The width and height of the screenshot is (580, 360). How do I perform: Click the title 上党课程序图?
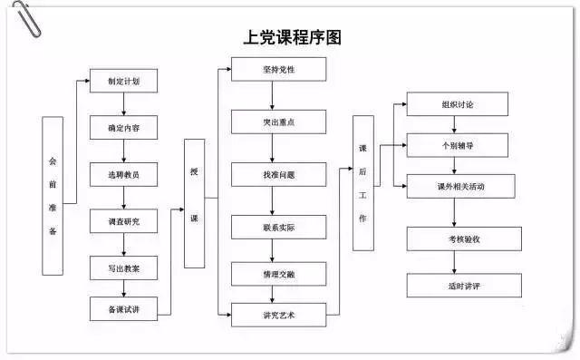click(x=292, y=38)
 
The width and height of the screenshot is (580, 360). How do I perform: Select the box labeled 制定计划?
click(x=123, y=81)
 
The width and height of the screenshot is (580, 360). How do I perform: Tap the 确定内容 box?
click(x=123, y=128)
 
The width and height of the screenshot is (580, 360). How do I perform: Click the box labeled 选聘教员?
click(x=123, y=174)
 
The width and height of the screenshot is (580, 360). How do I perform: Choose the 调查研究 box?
click(x=123, y=221)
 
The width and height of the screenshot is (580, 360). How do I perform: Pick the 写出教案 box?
click(x=123, y=268)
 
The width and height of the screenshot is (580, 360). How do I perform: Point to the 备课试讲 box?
click(x=123, y=309)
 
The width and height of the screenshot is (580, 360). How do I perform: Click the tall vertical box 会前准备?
click(x=53, y=196)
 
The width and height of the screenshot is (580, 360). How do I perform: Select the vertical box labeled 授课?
click(x=195, y=203)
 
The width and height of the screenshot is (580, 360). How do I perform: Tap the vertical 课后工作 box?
click(x=363, y=183)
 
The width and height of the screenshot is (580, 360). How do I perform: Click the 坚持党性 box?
click(x=279, y=69)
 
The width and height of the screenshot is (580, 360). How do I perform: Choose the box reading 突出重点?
click(x=279, y=122)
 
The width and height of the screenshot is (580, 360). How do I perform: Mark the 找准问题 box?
click(x=279, y=174)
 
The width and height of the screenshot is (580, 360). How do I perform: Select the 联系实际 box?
click(x=279, y=228)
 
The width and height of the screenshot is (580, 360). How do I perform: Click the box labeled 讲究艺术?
click(x=279, y=315)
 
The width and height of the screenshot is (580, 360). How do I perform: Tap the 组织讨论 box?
click(x=458, y=104)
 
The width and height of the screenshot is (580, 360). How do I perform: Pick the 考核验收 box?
click(x=464, y=239)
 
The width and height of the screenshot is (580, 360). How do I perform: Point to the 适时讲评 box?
click(x=464, y=286)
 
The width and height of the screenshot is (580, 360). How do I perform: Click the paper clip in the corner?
click(x=26, y=18)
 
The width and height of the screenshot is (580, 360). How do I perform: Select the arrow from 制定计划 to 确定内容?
click(x=123, y=104)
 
